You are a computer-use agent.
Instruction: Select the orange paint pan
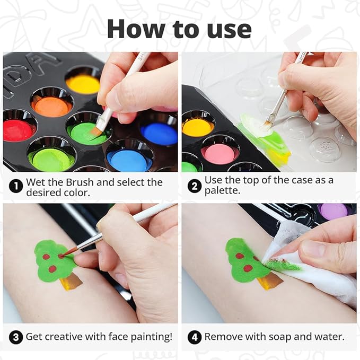[x=51, y=106]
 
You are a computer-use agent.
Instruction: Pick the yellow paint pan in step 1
[x=83, y=84]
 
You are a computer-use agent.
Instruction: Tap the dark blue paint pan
[x=159, y=133]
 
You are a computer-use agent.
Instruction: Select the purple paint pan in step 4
[x=333, y=212]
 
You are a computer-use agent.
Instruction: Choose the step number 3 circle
[x=16, y=337]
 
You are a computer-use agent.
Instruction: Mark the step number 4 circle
[x=194, y=337]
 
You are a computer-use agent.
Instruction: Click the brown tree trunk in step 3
[x=72, y=282]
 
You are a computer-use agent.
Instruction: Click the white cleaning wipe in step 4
[x=318, y=278]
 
